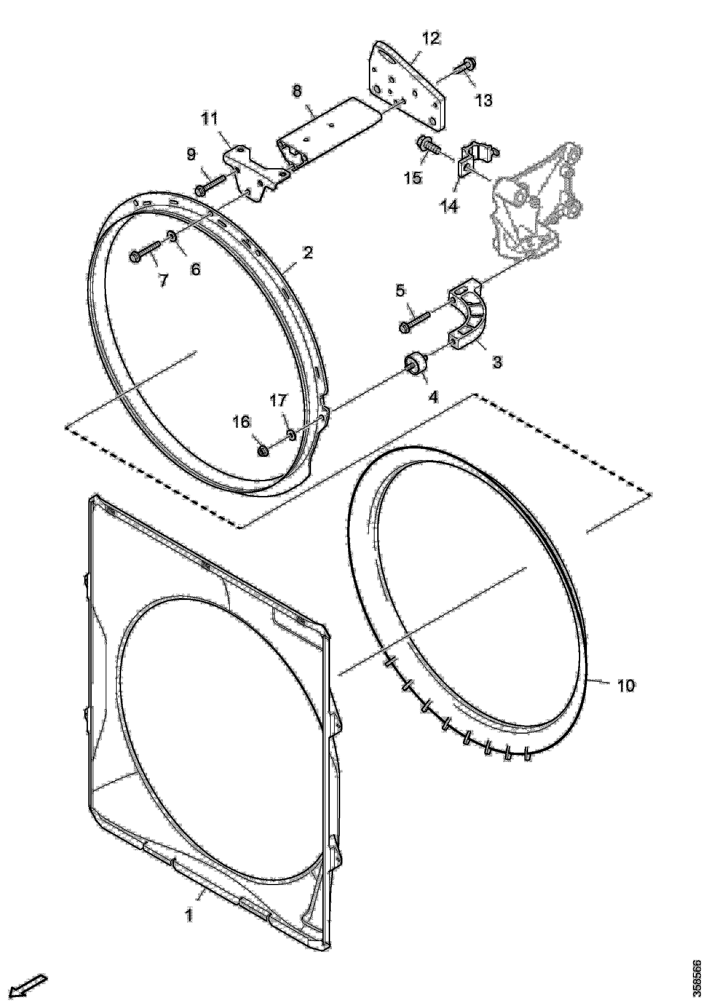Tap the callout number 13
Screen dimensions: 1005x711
click(484, 100)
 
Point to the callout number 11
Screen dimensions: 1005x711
click(209, 119)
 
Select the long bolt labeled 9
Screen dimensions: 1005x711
click(211, 184)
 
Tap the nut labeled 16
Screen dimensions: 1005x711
click(263, 451)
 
